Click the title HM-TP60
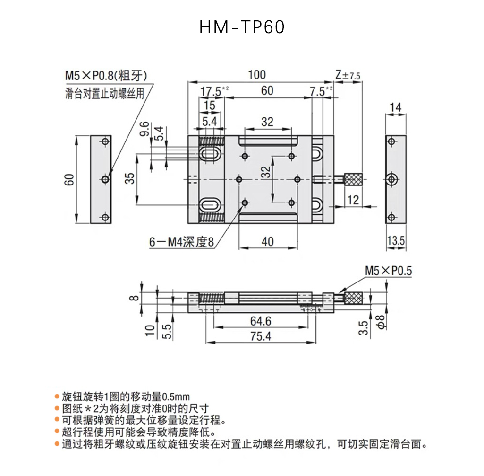[x=242, y=27]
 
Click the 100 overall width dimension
[x=257, y=75]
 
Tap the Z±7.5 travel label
[x=348, y=75]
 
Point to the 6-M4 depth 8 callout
[x=181, y=242]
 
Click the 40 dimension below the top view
[x=267, y=242]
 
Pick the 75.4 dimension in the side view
[x=261, y=336]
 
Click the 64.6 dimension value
[x=261, y=321]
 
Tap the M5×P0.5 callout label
[x=388, y=271]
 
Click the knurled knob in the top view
[x=353, y=179]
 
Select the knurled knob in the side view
[x=353, y=298]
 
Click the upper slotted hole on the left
[x=211, y=154]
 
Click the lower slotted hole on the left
[x=211, y=204]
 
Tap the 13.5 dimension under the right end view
[x=396, y=241]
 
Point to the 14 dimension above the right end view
[x=395, y=107]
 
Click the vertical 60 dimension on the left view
[x=69, y=180]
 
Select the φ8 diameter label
[x=381, y=322]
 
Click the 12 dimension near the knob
[x=353, y=200]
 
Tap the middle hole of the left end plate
[x=105, y=179]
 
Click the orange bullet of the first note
[x=57, y=397]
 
